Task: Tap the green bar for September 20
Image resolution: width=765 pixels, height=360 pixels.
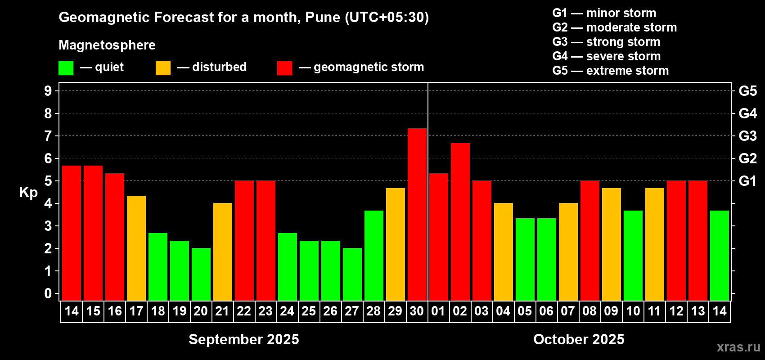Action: tap(201, 274)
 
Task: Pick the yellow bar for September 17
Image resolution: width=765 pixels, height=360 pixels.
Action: tap(136, 248)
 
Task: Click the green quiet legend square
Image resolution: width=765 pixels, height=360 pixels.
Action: tap(66, 68)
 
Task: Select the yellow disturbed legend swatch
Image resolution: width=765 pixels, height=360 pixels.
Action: tap(163, 68)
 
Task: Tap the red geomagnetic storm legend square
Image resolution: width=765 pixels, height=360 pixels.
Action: tap(284, 68)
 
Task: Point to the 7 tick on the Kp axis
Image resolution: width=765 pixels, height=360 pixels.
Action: tap(48, 136)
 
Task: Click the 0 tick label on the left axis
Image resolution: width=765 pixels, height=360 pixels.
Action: tap(48, 294)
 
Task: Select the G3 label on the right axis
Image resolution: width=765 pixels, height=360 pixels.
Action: tap(747, 136)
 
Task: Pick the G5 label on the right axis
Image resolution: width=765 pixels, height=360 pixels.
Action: tap(747, 91)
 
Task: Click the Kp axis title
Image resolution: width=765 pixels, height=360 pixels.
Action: tap(28, 193)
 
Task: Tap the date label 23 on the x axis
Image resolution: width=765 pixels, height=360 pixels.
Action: tap(265, 311)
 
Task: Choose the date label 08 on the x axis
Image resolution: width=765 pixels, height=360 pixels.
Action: tap(589, 311)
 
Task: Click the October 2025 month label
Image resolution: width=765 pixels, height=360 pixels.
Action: tap(579, 339)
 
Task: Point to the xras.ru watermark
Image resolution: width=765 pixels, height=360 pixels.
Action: tap(738, 347)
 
